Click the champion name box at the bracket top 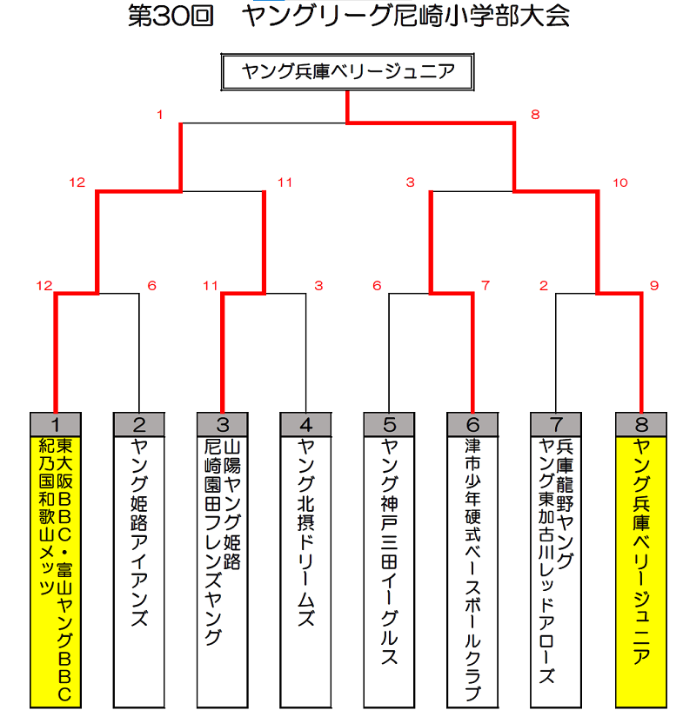coord(348,72)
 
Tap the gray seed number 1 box coord(56,425)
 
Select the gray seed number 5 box coord(389,425)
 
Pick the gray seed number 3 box coord(223,425)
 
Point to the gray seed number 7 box coord(556,425)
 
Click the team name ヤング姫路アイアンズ coord(139,533)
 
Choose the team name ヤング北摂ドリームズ coord(306,533)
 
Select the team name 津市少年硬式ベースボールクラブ coord(472,569)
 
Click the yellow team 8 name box coord(641,572)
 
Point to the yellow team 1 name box coord(56,572)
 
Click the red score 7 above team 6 coord(485,286)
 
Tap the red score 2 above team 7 coord(544,286)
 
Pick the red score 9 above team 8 coord(654,286)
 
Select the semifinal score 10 coord(620,182)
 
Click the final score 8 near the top coord(535,115)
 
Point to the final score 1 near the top coord(159,115)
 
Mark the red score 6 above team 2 coord(152,286)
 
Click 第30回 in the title coord(171,16)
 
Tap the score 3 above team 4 coord(318,286)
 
